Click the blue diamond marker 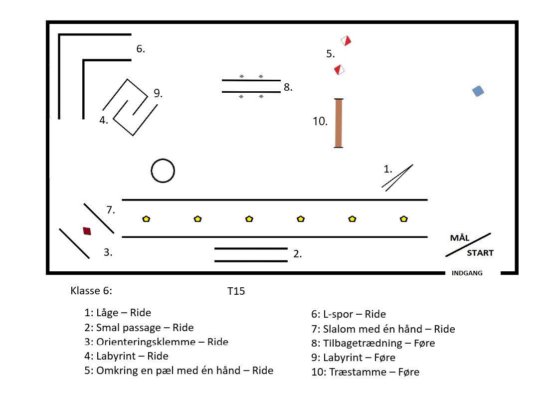click(478, 91)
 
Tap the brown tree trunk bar click(339, 123)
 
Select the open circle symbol click(163, 171)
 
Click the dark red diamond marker click(87, 231)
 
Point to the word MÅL click(460, 238)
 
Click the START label click(480, 253)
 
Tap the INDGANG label click(467, 273)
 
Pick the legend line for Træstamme click(365, 372)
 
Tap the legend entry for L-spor click(348, 314)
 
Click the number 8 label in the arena click(288, 87)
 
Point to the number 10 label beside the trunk click(320, 121)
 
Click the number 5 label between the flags click(330, 54)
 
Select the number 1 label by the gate click(388, 169)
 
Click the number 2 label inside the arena click(297, 254)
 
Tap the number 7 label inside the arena click(111, 210)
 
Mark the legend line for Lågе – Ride click(118, 313)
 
